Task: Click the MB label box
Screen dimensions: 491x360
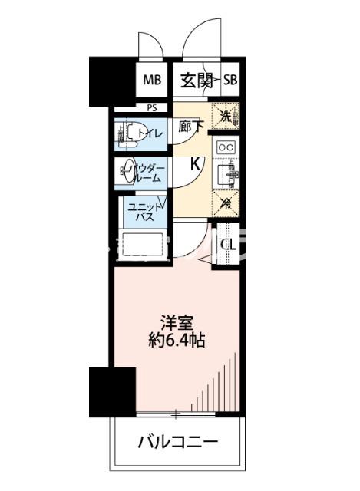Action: coord(151,79)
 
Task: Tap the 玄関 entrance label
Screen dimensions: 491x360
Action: coord(197,79)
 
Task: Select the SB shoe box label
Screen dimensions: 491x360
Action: coord(230,79)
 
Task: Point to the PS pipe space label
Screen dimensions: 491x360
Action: coord(151,108)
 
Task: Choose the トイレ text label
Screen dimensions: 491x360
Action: coord(149,135)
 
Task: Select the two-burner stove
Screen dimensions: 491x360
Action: coord(226,147)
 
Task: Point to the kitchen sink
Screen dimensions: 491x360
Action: coord(226,176)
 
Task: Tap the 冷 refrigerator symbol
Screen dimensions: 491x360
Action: coord(226,203)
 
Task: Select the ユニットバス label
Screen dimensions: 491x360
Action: coord(145,213)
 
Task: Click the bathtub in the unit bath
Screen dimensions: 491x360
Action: coord(143,245)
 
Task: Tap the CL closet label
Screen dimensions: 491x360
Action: coord(228,245)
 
